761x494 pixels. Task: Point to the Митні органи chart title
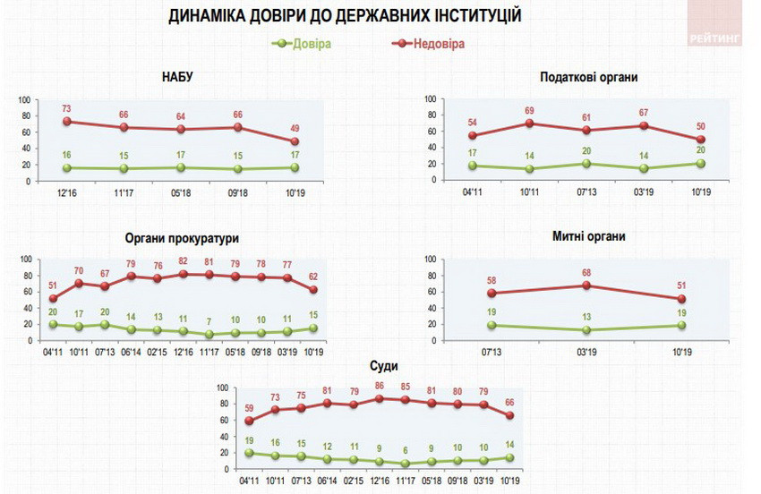588,236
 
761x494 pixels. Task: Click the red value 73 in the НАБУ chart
66,108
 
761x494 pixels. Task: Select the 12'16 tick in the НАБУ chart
66,192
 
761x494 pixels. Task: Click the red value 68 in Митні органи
586,272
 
